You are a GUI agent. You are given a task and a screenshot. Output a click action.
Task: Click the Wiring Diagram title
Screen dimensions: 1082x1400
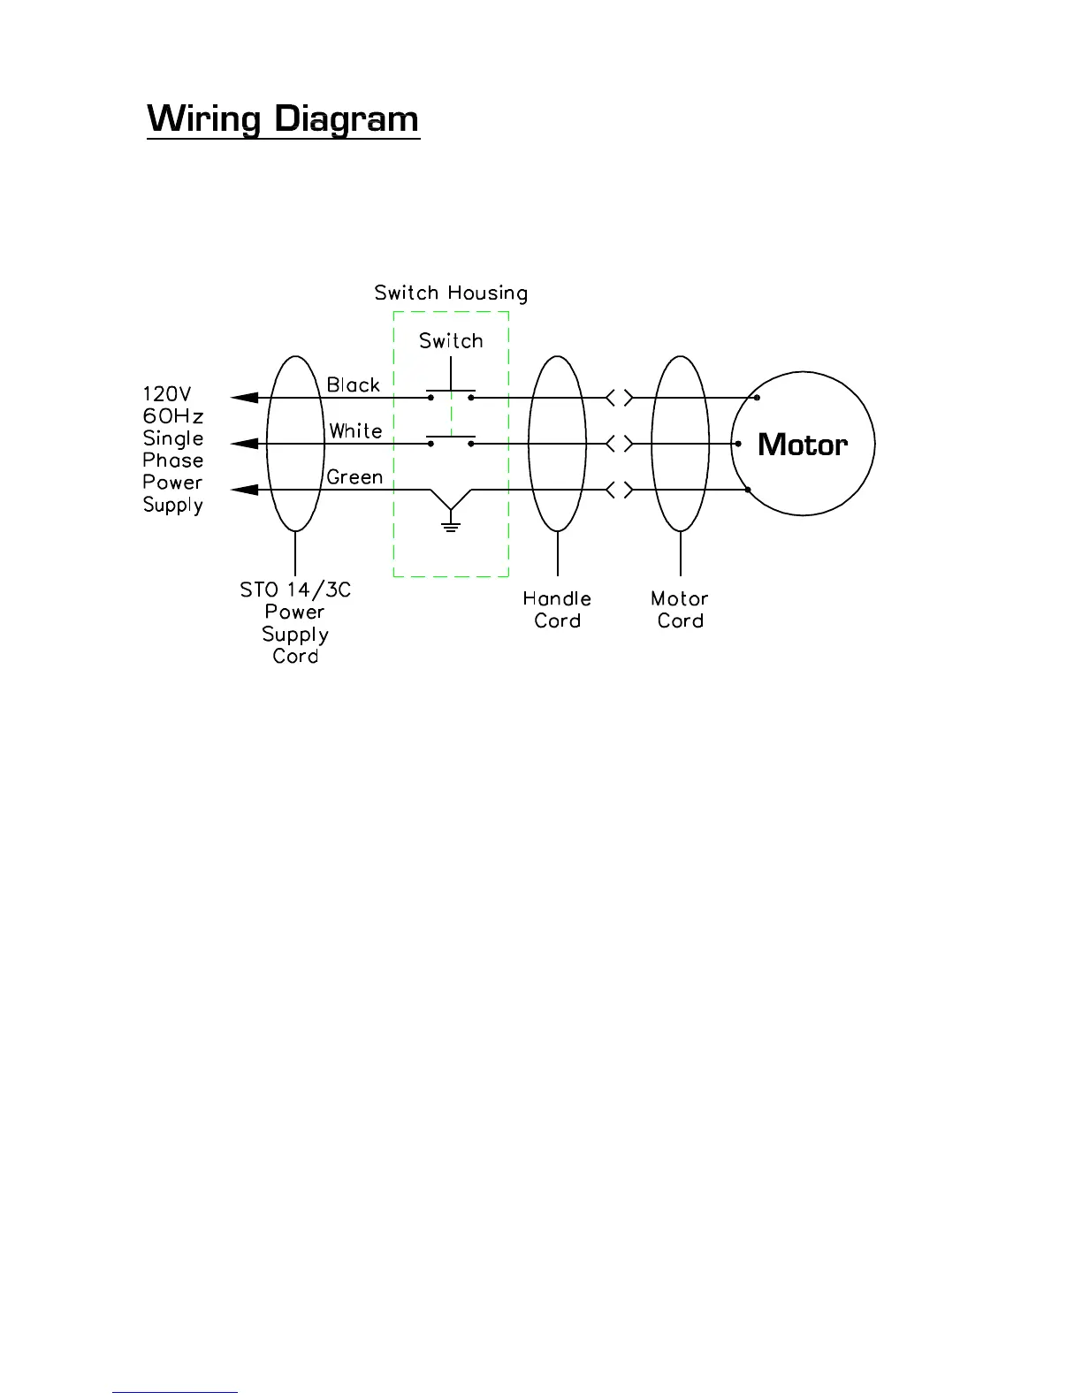[x=283, y=119]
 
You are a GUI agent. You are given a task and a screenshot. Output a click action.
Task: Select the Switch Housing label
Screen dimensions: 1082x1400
[x=451, y=293]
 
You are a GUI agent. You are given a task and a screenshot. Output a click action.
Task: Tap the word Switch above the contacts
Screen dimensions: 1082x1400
[x=451, y=341]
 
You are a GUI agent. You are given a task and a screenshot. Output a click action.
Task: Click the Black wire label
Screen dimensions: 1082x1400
[x=354, y=385]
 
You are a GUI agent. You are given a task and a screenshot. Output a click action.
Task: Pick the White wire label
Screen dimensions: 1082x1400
[x=355, y=431]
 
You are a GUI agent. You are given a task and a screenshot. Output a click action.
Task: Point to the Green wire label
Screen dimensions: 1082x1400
[x=354, y=477]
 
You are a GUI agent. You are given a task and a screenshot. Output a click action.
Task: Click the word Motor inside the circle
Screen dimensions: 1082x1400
[x=803, y=445]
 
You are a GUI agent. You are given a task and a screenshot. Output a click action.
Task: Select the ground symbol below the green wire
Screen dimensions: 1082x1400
[x=451, y=525]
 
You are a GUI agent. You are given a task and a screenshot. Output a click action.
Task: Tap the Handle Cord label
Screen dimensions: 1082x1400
[x=557, y=610]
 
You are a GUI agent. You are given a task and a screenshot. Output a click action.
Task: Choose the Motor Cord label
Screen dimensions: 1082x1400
[x=680, y=610]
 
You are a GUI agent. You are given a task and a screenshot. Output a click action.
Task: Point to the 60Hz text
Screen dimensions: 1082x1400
[x=173, y=416]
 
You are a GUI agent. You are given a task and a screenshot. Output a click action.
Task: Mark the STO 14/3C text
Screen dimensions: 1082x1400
[x=295, y=590]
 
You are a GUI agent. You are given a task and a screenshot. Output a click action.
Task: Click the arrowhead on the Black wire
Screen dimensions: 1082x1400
[x=244, y=398]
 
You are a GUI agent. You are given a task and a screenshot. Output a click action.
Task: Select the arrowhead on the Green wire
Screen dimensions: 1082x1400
[x=244, y=490]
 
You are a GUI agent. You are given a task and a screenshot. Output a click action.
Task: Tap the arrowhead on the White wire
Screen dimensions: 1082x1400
[x=244, y=444]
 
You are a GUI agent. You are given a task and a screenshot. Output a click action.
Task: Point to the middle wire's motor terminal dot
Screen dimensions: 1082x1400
[x=737, y=444]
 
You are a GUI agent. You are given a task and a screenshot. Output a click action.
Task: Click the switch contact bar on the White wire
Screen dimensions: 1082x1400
[x=451, y=437]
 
